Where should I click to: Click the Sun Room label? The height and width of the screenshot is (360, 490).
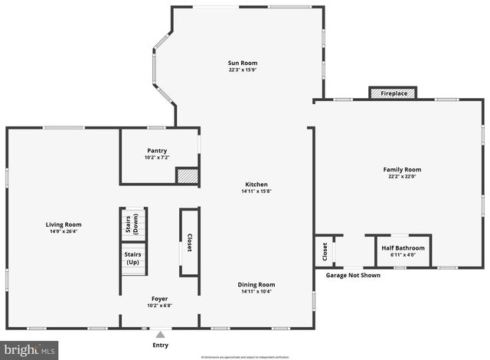pyautogui.click(x=242, y=63)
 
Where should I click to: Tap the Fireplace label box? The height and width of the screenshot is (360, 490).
pyautogui.click(x=393, y=93)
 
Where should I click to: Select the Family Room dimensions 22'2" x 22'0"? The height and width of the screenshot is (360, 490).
pyautogui.click(x=402, y=177)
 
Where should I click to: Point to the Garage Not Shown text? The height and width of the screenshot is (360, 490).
pyautogui.click(x=353, y=275)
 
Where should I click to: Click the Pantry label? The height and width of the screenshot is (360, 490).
pyautogui.click(x=157, y=151)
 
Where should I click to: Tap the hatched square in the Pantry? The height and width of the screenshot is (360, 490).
pyautogui.click(x=188, y=175)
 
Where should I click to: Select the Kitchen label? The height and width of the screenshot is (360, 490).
pyautogui.click(x=256, y=184)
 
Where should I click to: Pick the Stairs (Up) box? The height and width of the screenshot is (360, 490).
pyautogui.click(x=132, y=257)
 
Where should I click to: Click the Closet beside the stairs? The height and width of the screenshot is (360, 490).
pyautogui.click(x=189, y=243)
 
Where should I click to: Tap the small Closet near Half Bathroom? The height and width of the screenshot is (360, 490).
pyautogui.click(x=324, y=250)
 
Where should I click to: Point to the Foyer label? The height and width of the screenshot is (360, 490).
pyautogui.click(x=159, y=298)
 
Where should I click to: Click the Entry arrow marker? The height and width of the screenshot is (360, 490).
pyautogui.click(x=160, y=334)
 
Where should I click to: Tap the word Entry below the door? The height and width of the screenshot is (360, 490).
pyautogui.click(x=160, y=345)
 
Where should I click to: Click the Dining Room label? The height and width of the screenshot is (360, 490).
pyautogui.click(x=256, y=284)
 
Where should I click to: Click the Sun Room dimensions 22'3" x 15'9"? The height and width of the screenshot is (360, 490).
pyautogui.click(x=242, y=70)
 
